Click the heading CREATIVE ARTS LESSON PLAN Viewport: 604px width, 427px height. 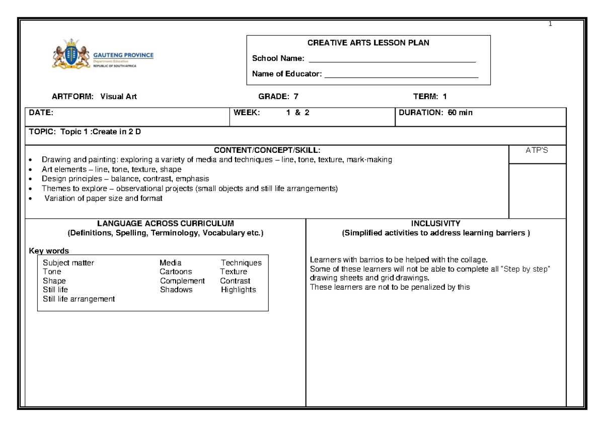coord(368,43)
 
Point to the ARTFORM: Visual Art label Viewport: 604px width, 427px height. coord(91,97)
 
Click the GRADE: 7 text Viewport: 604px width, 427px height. coord(278,97)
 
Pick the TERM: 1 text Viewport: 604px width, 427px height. coord(430,97)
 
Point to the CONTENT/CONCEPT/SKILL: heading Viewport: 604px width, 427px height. coord(267,150)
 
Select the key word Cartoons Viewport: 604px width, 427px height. coord(176,272)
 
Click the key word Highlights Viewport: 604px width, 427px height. coord(239,290)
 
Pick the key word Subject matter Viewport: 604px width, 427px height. coord(68,263)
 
